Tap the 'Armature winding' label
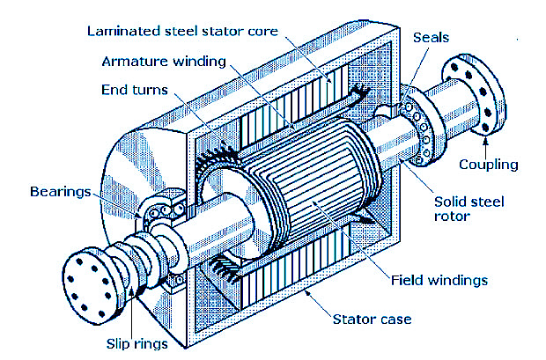164,62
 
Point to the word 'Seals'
431,38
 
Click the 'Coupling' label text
489,165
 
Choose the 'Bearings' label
59,190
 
